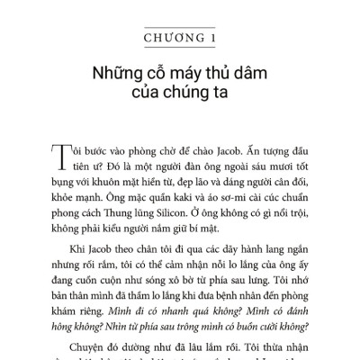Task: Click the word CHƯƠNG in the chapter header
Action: pyautogui.click(x=166, y=37)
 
